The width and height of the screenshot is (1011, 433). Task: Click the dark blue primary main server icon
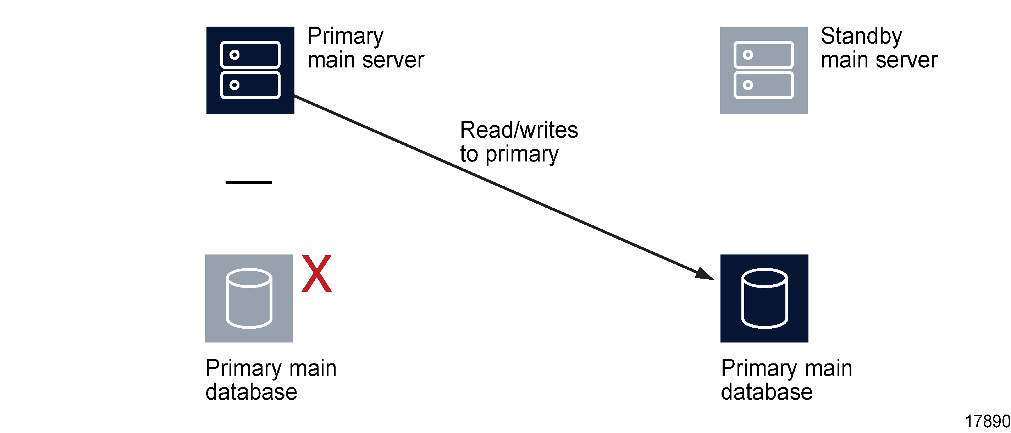pyautogui.click(x=250, y=70)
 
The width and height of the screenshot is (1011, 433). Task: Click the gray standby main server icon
pyautogui.click(x=763, y=70)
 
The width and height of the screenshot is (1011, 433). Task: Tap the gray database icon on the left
pyautogui.click(x=249, y=298)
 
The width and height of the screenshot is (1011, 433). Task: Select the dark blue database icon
pyautogui.click(x=764, y=298)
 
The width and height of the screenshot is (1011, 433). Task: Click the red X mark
pyautogui.click(x=316, y=273)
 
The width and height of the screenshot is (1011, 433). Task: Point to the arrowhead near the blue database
pyautogui.click(x=704, y=274)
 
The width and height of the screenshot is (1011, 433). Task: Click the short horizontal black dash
pyautogui.click(x=248, y=182)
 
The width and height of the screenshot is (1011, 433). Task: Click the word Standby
pyautogui.click(x=861, y=37)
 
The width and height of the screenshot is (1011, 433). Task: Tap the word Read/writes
pyautogui.click(x=519, y=130)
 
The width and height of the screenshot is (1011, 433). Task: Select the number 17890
pyautogui.click(x=987, y=422)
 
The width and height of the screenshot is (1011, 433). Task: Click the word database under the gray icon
pyautogui.click(x=251, y=392)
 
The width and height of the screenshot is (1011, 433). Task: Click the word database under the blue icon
pyautogui.click(x=766, y=392)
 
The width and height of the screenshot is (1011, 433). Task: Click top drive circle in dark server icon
pyautogui.click(x=234, y=55)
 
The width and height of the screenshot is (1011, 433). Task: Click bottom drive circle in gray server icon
pyautogui.click(x=748, y=85)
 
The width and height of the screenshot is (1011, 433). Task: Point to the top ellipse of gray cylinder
pyautogui.click(x=249, y=278)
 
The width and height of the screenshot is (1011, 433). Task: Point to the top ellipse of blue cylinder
pyautogui.click(x=764, y=278)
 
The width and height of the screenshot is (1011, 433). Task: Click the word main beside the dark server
pyautogui.click(x=331, y=60)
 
